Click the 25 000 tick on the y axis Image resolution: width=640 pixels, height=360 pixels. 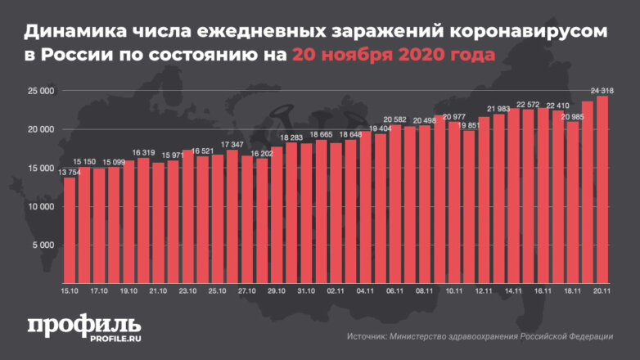[x=38, y=91]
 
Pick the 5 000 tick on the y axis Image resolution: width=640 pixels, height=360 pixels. [x=41, y=245]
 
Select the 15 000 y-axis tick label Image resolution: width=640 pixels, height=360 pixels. [x=38, y=168]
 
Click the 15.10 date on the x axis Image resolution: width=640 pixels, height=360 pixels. [x=70, y=290]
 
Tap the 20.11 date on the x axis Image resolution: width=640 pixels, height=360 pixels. [x=602, y=290]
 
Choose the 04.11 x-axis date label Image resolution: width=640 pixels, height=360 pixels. [x=365, y=290]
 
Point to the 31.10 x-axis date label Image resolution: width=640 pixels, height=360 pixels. [x=306, y=290]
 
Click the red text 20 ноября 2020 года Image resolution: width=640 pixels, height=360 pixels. [x=394, y=56]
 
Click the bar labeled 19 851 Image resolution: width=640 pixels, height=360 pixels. [x=468, y=208]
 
